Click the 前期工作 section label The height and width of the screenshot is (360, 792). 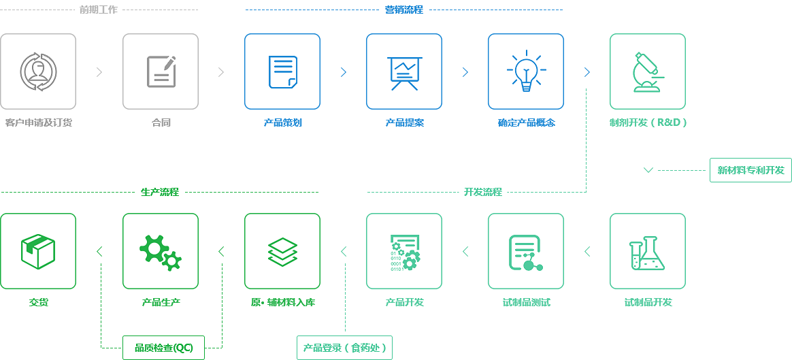(x=99, y=10)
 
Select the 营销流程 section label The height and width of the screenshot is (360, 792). (x=404, y=10)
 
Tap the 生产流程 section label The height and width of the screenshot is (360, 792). (x=160, y=192)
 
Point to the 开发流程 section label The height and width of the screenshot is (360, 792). (x=483, y=192)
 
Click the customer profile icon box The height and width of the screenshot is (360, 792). (x=38, y=71)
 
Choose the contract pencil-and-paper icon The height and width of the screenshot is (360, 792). (x=161, y=71)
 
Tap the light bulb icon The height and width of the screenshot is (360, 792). (x=526, y=71)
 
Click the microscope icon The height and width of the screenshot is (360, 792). (x=648, y=71)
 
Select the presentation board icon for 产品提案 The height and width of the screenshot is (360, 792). (x=404, y=71)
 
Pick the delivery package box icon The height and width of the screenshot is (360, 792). (x=38, y=251)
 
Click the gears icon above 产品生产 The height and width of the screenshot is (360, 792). (x=161, y=251)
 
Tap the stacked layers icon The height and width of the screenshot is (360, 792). (x=282, y=251)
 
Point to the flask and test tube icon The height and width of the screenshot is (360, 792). (x=648, y=251)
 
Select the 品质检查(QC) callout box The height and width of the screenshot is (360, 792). (x=163, y=348)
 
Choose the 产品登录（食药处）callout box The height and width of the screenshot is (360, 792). (x=345, y=348)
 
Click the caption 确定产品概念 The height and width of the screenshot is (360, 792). (x=526, y=123)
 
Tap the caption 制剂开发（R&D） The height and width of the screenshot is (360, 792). (x=648, y=123)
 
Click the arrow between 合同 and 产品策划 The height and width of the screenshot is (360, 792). (x=221, y=72)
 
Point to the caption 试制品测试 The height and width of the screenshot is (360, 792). (x=526, y=302)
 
